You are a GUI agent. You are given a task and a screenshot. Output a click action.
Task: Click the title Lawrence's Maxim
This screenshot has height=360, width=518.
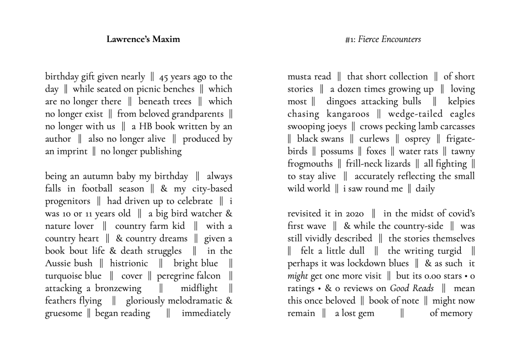(x=143, y=39)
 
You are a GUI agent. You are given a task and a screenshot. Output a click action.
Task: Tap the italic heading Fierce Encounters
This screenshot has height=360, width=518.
(x=389, y=39)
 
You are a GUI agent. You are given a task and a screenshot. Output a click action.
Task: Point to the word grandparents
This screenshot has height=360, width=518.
(x=197, y=114)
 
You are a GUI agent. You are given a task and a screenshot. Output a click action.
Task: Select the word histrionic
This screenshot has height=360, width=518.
(x=129, y=263)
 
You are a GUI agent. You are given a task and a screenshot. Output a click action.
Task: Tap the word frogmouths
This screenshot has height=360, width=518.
(x=310, y=164)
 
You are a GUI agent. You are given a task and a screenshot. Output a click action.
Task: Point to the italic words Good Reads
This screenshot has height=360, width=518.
(x=410, y=289)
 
